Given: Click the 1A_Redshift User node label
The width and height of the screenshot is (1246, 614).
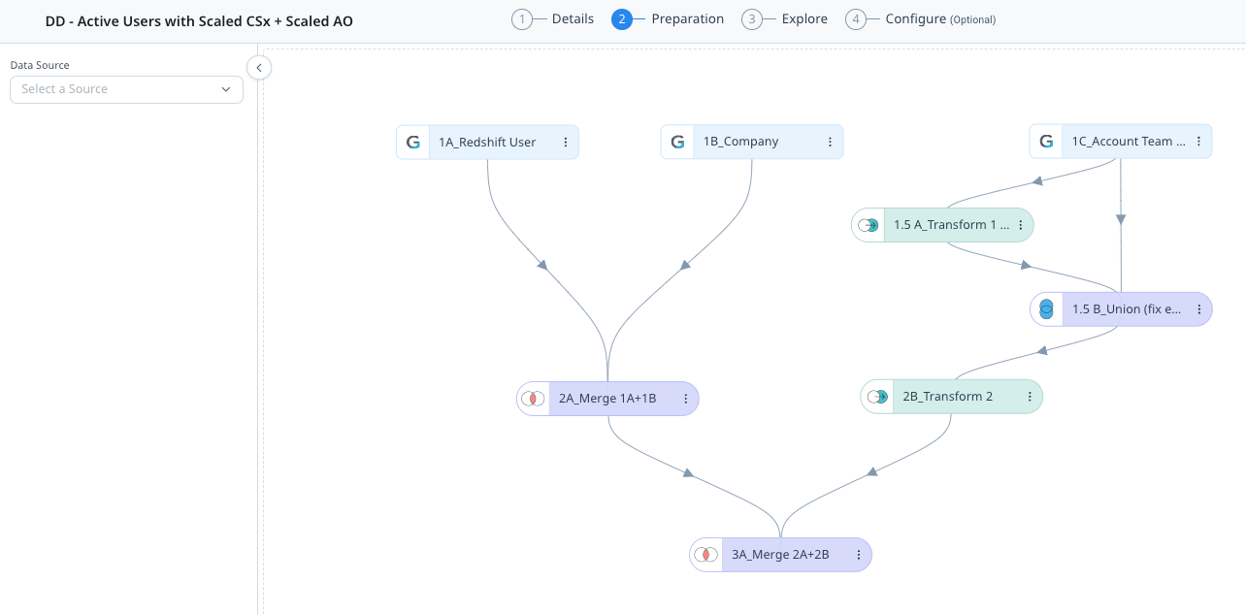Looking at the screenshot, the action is coord(487,143).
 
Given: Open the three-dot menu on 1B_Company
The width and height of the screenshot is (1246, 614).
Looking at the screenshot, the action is coord(830,142).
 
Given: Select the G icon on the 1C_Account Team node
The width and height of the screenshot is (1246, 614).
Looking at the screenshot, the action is coord(1046,142).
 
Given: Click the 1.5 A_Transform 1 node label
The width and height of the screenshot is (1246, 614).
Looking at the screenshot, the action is coord(951,225).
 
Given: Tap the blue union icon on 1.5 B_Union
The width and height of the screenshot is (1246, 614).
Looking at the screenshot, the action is coord(1046,309).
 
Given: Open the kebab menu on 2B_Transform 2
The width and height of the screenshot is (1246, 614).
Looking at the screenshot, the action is coord(1030,397).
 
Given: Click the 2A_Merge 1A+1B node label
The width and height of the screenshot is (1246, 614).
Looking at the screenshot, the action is coord(607,399).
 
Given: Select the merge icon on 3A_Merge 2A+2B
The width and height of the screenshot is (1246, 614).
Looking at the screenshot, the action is coord(705,555).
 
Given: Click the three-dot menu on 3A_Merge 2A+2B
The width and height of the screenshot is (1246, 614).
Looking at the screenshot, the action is coord(859,555).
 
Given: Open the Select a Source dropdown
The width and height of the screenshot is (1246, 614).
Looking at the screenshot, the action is coord(126,89).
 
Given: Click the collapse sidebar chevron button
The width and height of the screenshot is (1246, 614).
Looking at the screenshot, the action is coord(259,68).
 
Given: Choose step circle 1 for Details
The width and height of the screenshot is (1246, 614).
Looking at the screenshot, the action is coord(522,19).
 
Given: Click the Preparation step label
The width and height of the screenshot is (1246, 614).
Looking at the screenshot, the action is coord(687,18).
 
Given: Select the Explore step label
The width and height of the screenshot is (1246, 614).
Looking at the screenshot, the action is coord(804,18).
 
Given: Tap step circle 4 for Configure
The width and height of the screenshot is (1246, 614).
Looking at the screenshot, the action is coord(856,19).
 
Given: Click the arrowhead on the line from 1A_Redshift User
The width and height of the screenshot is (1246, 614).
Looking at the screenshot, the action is coord(542,265).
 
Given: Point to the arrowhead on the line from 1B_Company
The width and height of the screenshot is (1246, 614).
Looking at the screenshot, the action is coord(685,265).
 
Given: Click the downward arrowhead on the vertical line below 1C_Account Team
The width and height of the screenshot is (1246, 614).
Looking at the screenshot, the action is coord(1121,219).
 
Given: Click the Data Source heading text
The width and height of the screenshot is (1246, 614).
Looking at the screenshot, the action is coord(40,65).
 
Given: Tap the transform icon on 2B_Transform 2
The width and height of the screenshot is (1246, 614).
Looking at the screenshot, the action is coord(878,397).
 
